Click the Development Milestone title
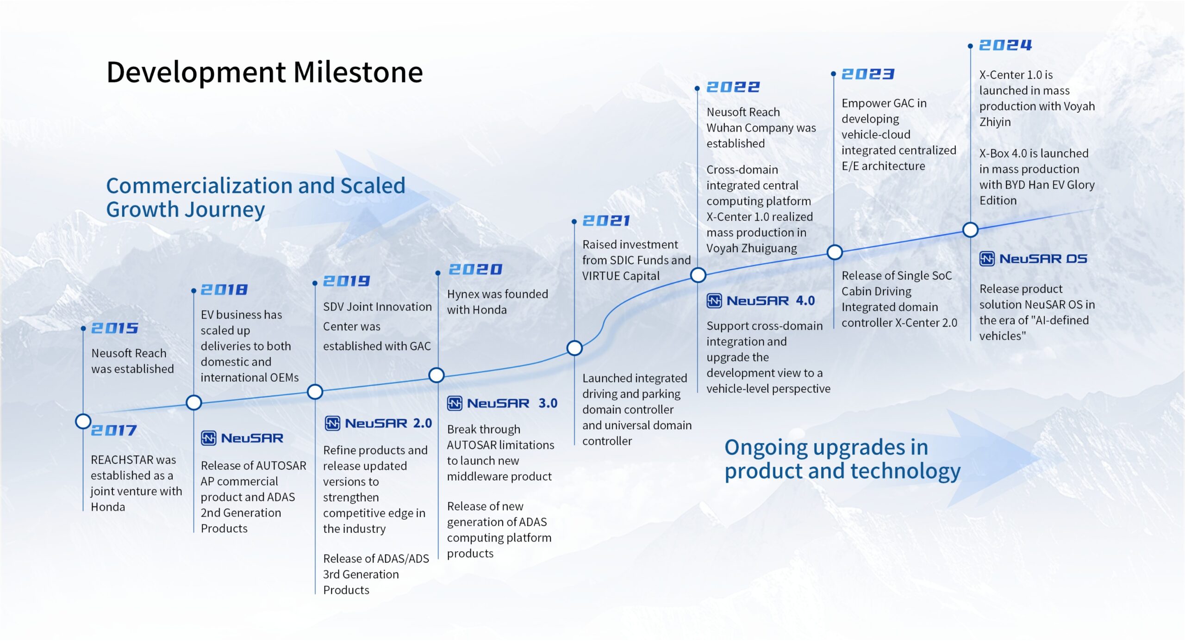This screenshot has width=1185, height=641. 265,72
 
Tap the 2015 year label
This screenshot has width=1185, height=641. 115,328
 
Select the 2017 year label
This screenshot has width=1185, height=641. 114,430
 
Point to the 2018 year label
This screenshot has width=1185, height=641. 225,290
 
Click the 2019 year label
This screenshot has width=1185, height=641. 347,281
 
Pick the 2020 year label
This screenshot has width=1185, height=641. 475,269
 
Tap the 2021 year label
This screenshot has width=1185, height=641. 606,221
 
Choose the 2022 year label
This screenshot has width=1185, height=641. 733,87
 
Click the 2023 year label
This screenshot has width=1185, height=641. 868,74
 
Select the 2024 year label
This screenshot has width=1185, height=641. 1005,45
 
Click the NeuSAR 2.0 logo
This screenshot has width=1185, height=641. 378,423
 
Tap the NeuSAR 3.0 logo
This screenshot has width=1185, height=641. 502,403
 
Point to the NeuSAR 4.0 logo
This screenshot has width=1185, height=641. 761,301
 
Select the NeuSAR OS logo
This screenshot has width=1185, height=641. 1033,259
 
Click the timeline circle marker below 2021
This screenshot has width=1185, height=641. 574,348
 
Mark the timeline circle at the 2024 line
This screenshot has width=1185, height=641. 970,229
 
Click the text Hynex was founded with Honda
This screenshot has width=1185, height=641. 498,302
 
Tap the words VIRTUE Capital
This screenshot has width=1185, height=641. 621,276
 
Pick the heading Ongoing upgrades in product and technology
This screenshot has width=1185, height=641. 842,459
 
